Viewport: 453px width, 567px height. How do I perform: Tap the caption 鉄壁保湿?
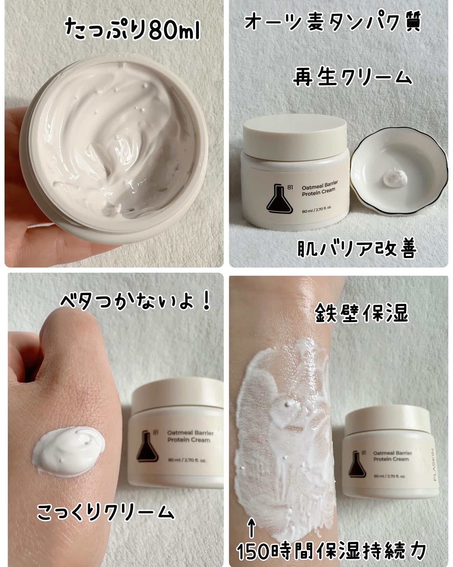tap(362, 313)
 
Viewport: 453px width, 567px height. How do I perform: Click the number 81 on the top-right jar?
tap(290, 188)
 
